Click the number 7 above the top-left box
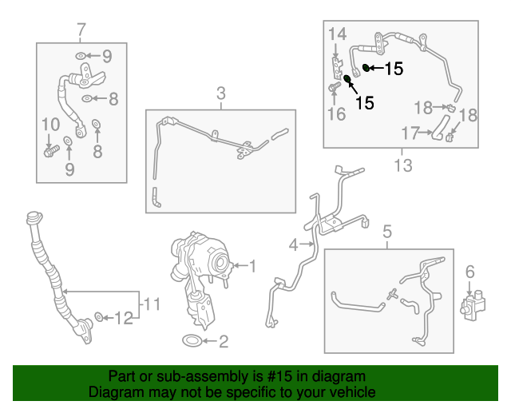click(81, 30)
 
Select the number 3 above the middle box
click(221, 93)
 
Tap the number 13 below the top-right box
click(403, 165)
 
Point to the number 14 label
click(337, 34)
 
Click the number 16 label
click(336, 113)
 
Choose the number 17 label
click(410, 133)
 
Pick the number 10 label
click(51, 125)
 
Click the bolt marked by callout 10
click(51, 151)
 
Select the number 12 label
click(124, 318)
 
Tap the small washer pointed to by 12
click(99, 316)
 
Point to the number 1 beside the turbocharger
click(252, 266)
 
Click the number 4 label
click(293, 245)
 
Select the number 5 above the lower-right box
click(387, 232)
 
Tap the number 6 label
click(469, 272)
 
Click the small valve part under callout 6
click(472, 304)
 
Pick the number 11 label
click(152, 304)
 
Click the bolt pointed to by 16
click(334, 87)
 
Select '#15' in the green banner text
click(280, 376)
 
